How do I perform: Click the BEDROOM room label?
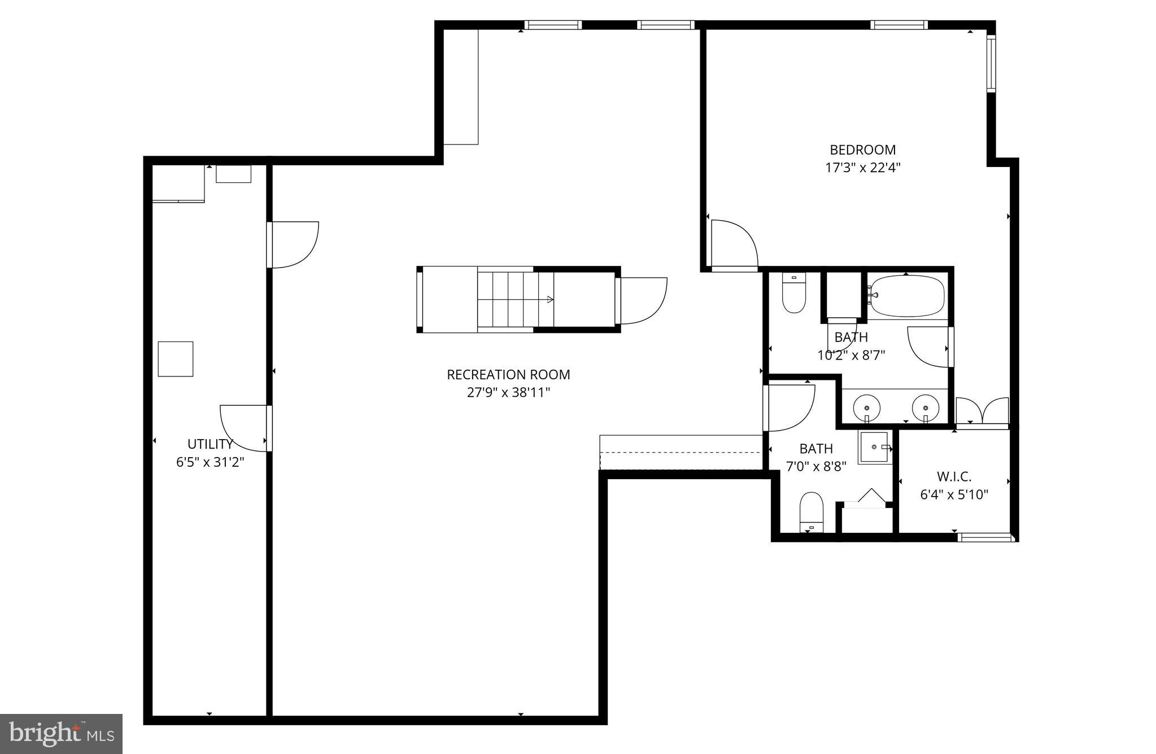(862, 150)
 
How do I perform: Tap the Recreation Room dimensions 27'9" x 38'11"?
(508, 392)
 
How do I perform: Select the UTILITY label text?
(210, 444)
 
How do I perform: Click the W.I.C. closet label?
(954, 476)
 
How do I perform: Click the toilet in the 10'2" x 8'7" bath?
(793, 293)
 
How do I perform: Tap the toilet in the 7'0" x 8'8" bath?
(812, 511)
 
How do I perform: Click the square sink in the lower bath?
(874, 447)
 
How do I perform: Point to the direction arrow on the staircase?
(549, 300)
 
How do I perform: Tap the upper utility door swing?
(294, 244)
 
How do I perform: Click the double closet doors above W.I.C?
(982, 411)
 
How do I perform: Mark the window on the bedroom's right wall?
(991, 63)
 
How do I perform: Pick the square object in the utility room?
(176, 359)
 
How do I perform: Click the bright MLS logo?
(61, 734)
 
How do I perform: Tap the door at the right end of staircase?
(642, 300)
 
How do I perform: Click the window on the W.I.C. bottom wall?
(986, 537)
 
